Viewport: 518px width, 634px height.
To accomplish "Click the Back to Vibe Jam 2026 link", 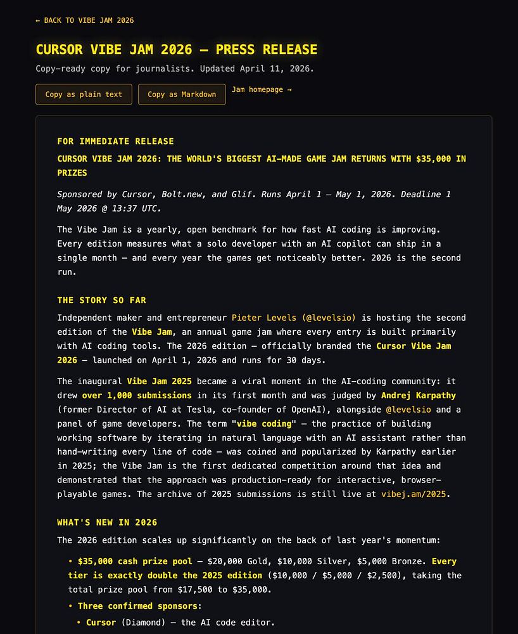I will (85, 20).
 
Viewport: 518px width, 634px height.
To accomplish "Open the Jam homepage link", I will (262, 89).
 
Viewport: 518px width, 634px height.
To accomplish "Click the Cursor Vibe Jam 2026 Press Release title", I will (176, 49).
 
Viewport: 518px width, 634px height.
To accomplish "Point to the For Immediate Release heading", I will (115, 141).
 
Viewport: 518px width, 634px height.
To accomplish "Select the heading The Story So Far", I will (101, 300).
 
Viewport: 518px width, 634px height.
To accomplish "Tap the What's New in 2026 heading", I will (107, 522).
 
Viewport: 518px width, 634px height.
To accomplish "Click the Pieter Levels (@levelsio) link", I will (294, 318).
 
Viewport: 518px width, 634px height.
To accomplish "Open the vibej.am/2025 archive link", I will (415, 494).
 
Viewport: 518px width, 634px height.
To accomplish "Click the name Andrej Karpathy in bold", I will (418, 396).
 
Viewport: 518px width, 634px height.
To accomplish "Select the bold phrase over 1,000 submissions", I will (137, 396).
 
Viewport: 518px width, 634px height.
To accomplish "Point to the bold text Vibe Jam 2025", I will (159, 381).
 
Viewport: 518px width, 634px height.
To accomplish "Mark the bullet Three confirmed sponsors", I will (139, 606).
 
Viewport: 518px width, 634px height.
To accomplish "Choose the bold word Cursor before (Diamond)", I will (101, 623).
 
